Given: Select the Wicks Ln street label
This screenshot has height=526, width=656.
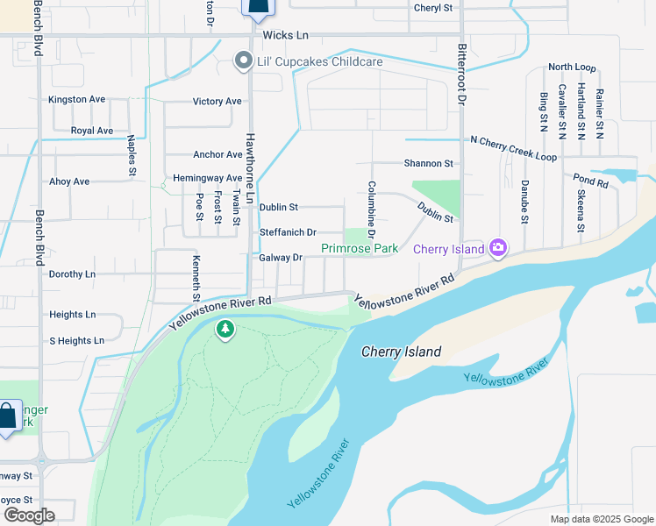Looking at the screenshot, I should [285, 35].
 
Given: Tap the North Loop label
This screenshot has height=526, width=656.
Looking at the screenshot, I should [572, 68].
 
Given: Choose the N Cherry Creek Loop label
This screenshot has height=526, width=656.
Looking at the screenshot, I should [513, 141].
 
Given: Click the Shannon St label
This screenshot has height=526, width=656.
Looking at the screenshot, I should [428, 163].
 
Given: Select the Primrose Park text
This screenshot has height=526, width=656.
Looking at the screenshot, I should [360, 249].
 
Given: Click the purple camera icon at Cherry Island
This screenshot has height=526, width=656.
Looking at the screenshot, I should [498, 249].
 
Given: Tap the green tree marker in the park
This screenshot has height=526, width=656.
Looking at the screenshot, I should [225, 330].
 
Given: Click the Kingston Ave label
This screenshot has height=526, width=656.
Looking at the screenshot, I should [77, 99].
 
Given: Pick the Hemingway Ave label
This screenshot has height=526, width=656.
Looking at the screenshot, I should [207, 178].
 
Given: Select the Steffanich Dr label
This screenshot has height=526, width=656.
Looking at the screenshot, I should [288, 232].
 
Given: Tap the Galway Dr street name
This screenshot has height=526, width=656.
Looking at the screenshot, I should [281, 258].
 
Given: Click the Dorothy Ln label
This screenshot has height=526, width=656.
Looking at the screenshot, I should [72, 274].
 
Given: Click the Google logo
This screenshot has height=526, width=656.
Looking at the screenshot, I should [28, 515].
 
